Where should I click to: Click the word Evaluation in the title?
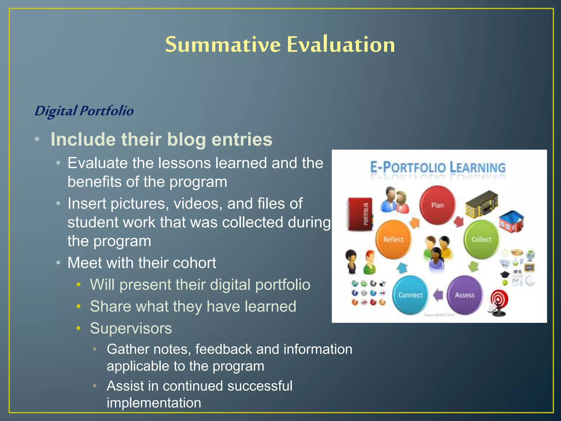(x=341, y=44)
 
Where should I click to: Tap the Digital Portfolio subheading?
(x=84, y=111)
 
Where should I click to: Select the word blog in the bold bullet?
(x=186, y=140)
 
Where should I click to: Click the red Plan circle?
(x=437, y=205)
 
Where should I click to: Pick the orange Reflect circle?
(x=393, y=239)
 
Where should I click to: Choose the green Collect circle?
(x=481, y=239)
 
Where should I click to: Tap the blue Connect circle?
(x=410, y=295)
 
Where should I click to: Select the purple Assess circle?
(x=465, y=295)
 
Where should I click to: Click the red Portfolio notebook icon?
(x=360, y=214)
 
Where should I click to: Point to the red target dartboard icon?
(x=499, y=303)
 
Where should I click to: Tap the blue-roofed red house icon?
(x=511, y=221)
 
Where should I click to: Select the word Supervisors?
(x=131, y=328)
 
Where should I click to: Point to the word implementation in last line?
(x=154, y=403)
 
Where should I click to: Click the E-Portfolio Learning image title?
(x=438, y=167)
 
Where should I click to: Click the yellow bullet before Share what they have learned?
(x=79, y=306)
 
